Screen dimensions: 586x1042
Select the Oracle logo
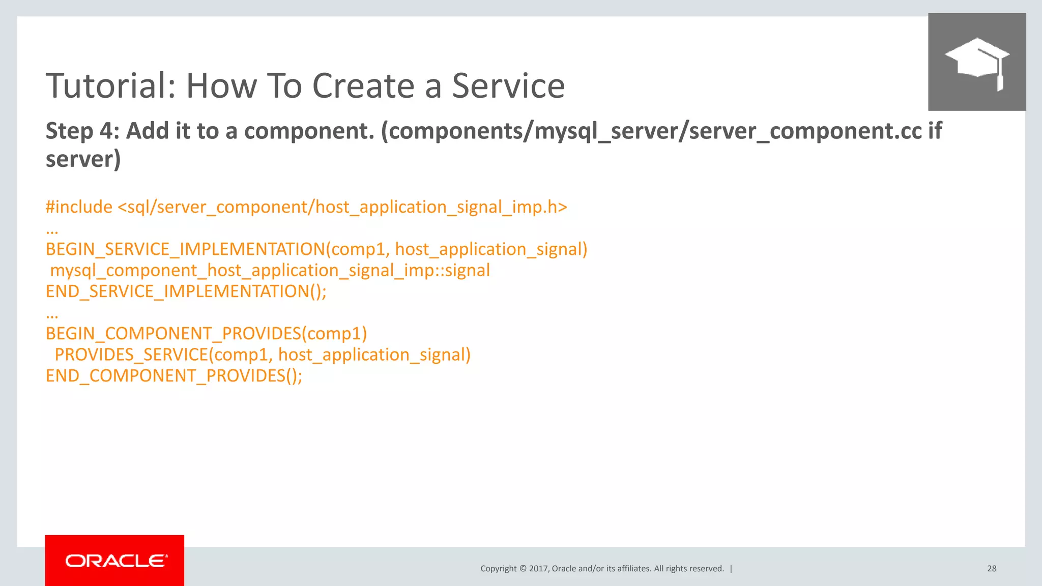point(115,561)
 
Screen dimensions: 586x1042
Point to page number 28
point(992,569)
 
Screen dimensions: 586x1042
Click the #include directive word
point(79,207)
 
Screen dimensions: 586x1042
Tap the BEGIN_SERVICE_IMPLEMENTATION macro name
point(185,249)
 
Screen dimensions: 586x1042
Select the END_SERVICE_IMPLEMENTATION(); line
point(186,291)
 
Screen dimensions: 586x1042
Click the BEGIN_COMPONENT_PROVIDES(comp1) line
point(206,334)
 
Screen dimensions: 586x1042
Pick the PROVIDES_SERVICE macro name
point(131,355)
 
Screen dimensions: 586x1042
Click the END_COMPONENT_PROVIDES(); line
point(173,376)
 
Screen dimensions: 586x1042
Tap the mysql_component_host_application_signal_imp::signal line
point(270,270)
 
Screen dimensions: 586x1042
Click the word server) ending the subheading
point(83,159)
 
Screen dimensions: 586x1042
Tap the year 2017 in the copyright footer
point(538,569)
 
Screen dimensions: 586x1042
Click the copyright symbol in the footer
point(523,569)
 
